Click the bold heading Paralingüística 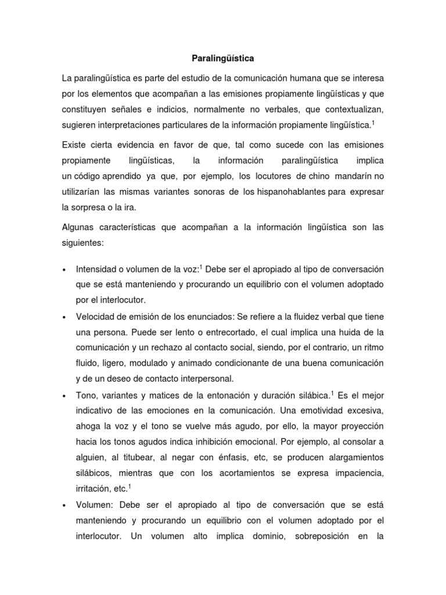[x=222, y=59]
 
